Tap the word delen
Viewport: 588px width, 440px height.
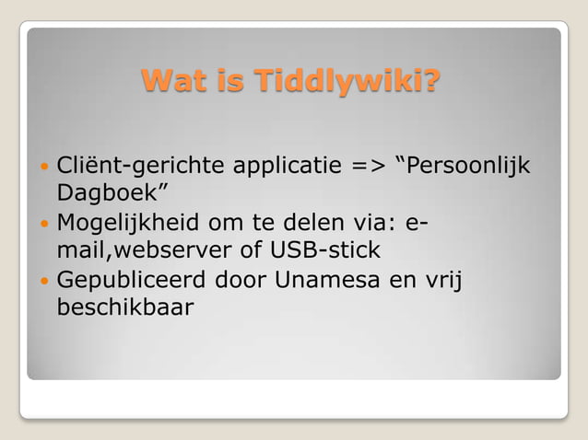(343, 223)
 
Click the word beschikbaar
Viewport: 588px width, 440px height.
(125, 306)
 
